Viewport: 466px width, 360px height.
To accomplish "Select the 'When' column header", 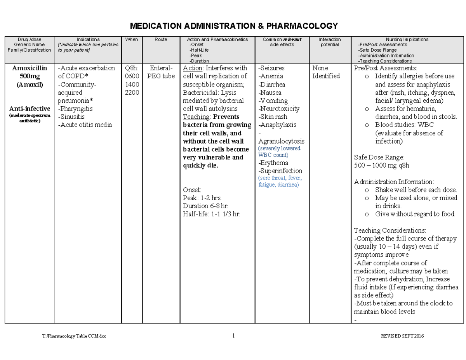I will point(132,40).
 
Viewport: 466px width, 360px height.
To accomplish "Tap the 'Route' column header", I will point(160,40).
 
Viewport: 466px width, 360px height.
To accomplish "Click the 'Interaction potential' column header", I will point(329,42).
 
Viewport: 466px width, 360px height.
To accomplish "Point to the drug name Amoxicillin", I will point(30,68).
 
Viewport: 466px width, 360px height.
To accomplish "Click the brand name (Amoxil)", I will point(30,84).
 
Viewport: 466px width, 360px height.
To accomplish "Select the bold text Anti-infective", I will point(30,109).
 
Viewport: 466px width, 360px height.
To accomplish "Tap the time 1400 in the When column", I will point(132,84).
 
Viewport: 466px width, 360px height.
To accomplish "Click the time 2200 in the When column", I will point(132,92).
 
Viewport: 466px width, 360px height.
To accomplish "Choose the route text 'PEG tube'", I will point(161,76).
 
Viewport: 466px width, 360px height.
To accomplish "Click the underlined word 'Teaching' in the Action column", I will point(196,117).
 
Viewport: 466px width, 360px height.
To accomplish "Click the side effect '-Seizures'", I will point(271,68).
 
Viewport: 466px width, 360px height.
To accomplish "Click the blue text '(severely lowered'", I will point(279,149).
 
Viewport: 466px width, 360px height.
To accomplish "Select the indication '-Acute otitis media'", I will point(85,125).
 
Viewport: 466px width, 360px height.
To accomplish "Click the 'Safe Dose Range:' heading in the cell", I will point(379,157).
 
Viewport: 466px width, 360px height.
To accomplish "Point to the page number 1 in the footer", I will point(233,336).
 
